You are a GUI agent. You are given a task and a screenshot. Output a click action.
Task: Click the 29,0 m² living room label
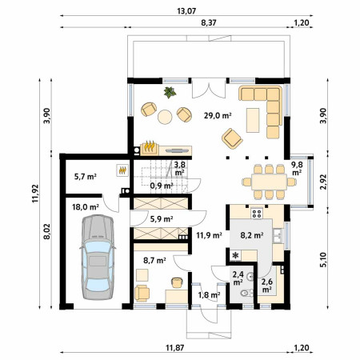point(218,116)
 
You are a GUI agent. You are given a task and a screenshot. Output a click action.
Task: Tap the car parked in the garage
point(98,257)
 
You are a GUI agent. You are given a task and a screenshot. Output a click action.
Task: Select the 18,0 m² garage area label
point(86,207)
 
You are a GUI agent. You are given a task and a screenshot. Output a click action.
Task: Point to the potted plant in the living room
point(170,92)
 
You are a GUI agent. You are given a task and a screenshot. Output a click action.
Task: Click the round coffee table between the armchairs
point(165,117)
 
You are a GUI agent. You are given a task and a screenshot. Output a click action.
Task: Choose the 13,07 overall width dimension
point(186,11)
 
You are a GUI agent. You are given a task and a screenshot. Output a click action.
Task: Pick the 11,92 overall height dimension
point(35,194)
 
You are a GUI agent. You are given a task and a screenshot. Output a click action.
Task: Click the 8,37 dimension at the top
point(209,22)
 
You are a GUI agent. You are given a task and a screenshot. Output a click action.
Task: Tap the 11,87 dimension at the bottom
point(175,348)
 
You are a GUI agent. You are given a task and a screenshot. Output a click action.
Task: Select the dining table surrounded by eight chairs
point(269,182)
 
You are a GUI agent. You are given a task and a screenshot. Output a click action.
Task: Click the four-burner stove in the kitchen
point(257,213)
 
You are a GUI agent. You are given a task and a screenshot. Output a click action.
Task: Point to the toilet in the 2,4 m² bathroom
point(247,294)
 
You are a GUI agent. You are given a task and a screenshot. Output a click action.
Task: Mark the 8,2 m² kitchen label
point(252,235)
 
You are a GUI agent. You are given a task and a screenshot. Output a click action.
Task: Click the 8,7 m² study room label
point(154,260)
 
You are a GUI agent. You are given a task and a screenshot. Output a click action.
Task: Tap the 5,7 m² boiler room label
point(86,177)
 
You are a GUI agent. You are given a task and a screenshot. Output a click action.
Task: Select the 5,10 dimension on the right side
point(323,260)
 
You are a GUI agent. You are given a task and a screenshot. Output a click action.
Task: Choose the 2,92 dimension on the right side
point(323,182)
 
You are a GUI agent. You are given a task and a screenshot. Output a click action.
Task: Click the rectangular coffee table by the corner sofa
point(253,120)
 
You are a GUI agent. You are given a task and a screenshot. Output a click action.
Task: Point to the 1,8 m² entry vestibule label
point(209,294)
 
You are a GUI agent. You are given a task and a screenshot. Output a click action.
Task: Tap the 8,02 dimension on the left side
point(47,231)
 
